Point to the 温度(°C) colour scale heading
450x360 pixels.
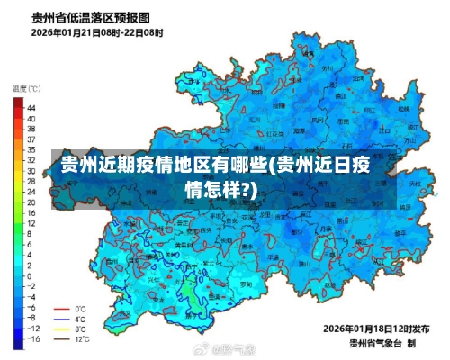(26, 88)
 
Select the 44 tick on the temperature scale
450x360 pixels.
(31, 107)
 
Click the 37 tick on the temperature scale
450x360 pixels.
(31, 139)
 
